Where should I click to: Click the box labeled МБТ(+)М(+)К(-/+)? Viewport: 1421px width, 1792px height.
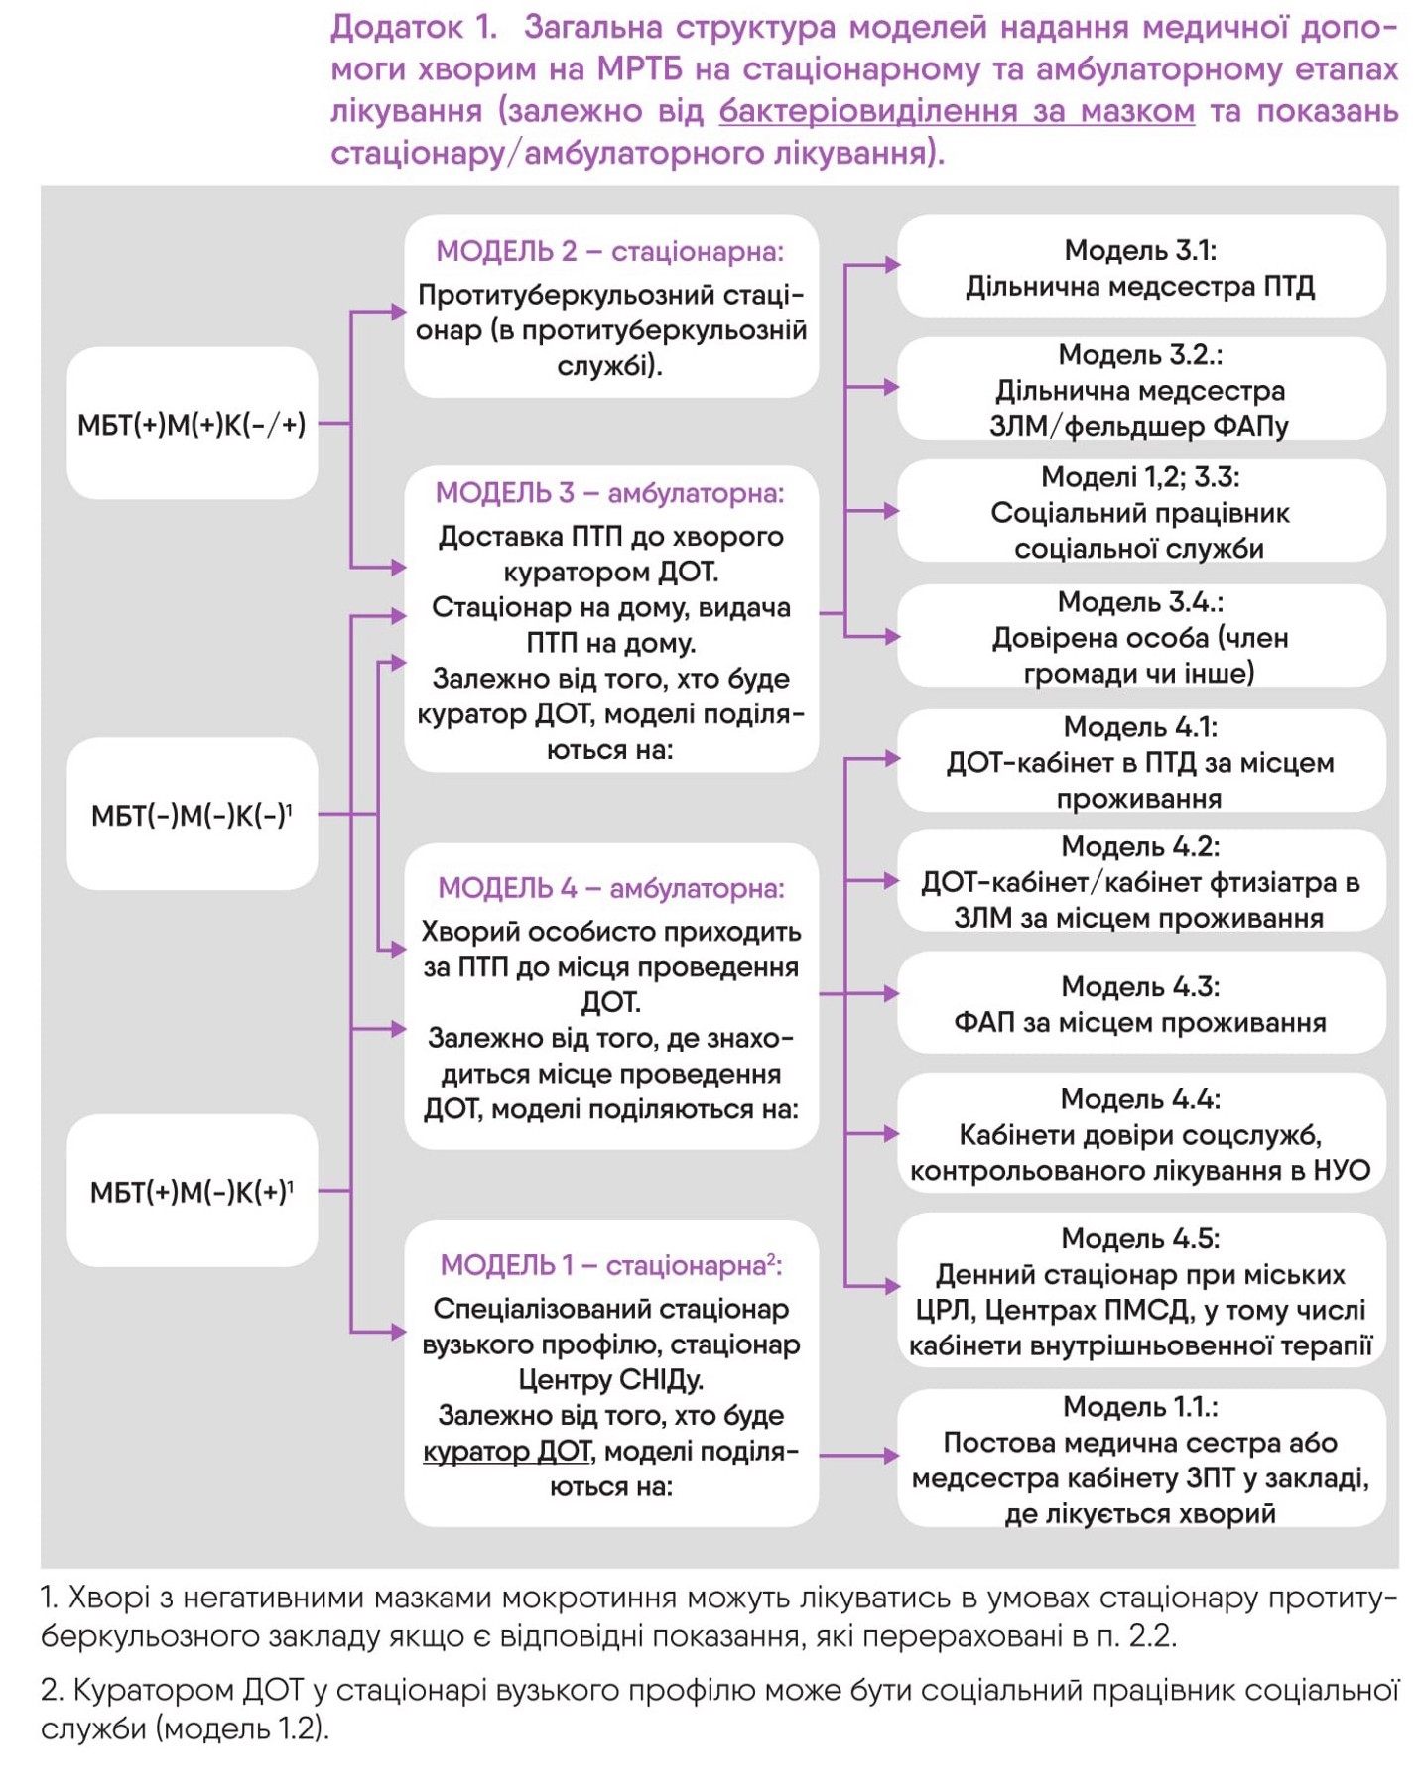pos(193,423)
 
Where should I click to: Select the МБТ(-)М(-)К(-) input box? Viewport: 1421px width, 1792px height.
pos(193,814)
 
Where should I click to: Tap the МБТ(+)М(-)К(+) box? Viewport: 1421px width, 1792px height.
pos(193,1190)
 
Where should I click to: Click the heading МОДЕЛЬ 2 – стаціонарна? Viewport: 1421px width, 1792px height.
pos(610,251)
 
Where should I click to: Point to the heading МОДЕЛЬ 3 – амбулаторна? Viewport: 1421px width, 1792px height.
pos(610,492)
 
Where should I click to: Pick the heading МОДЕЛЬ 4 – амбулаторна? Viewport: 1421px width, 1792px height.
pos(610,887)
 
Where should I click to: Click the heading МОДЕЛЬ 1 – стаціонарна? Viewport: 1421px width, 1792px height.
pos(610,1264)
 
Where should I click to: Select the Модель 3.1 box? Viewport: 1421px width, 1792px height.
pos(1141,266)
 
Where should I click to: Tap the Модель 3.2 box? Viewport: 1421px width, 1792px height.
pos(1141,388)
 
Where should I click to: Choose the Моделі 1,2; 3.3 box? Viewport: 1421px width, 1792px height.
pos(1141,510)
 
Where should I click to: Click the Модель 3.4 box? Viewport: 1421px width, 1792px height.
pos(1141,635)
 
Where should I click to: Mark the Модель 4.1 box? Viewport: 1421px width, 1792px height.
pos(1141,760)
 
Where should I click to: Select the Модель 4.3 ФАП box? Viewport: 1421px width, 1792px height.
pos(1141,1002)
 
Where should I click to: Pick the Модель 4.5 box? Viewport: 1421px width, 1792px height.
pos(1141,1290)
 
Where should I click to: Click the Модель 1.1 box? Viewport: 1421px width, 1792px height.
pos(1141,1458)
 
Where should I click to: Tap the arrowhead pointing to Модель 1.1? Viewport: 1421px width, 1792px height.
pos(890,1456)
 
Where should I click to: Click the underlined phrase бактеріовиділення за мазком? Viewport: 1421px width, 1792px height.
pos(957,111)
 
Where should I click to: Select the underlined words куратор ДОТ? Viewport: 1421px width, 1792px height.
pos(507,1451)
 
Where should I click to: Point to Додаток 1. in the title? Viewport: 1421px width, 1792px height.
pos(413,27)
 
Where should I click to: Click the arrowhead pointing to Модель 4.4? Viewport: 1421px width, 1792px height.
pos(890,1133)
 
